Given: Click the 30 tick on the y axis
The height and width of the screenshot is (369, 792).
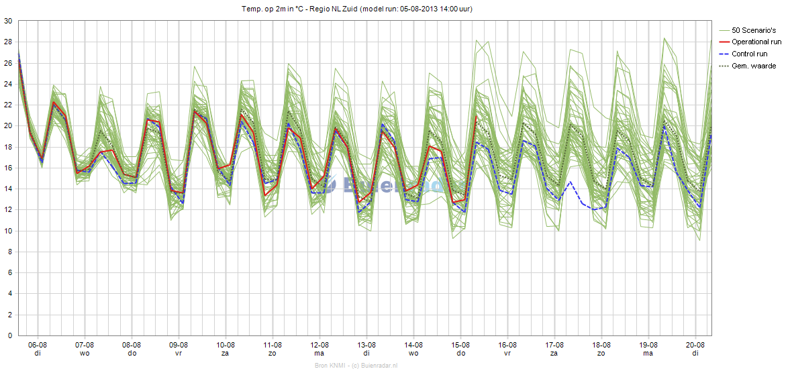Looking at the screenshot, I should pyautogui.click(x=8, y=21).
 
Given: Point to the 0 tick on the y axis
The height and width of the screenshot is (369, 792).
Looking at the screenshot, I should pyautogui.click(x=10, y=335).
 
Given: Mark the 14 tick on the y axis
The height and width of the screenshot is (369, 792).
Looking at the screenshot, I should pyautogui.click(x=8, y=189).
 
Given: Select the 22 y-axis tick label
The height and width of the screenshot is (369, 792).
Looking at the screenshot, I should pyautogui.click(x=8, y=105).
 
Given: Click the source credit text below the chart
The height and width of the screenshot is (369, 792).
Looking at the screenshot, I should pyautogui.click(x=356, y=365).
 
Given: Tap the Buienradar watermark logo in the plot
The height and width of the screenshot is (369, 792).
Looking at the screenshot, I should pyautogui.click(x=393, y=186).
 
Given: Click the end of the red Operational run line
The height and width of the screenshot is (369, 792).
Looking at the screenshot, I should pyautogui.click(x=476, y=116).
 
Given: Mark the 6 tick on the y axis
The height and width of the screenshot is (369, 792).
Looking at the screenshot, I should pyautogui.click(x=10, y=272).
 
